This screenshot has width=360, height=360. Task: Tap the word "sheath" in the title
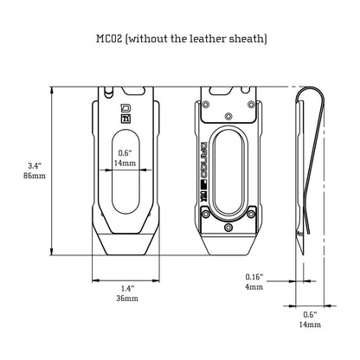(247, 38)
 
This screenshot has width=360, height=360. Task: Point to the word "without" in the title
(147, 38)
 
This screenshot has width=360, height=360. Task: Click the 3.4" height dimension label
(35, 165)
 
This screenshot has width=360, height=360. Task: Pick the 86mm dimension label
(35, 176)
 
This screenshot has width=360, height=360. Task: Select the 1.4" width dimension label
(127, 288)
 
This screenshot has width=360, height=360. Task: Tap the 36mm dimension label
(127, 298)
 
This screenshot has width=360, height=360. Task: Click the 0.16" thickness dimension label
(254, 277)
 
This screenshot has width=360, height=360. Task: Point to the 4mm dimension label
(254, 287)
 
